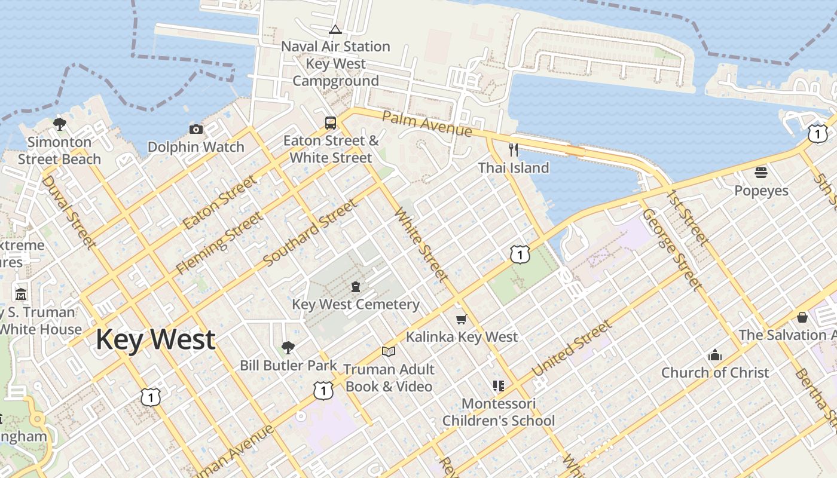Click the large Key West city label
click(x=155, y=339)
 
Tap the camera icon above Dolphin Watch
click(x=195, y=129)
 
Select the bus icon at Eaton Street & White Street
click(x=331, y=123)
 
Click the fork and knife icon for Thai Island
click(x=513, y=149)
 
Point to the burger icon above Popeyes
click(x=761, y=173)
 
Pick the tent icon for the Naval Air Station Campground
click(x=335, y=29)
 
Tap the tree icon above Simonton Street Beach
click(x=59, y=124)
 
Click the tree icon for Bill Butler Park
click(x=288, y=347)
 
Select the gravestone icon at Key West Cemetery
click(x=356, y=287)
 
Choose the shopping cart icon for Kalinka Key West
click(x=461, y=319)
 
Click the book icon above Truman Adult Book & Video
click(x=389, y=351)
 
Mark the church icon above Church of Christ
click(x=715, y=355)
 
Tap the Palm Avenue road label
click(x=427, y=122)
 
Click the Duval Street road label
click(x=69, y=212)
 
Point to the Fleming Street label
click(x=219, y=243)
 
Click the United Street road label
click(x=572, y=348)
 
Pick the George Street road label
click(x=671, y=249)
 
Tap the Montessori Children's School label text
click(x=499, y=412)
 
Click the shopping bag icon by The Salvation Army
click(x=802, y=317)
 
